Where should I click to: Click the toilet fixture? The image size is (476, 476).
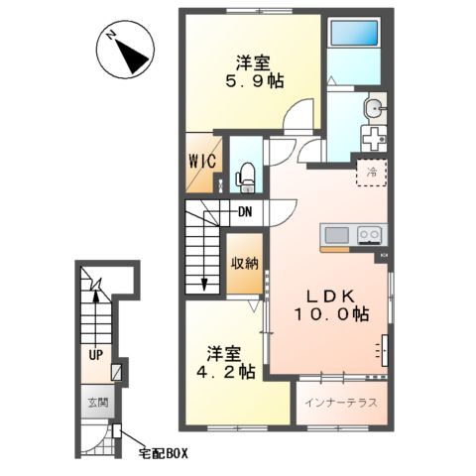tap(247, 177)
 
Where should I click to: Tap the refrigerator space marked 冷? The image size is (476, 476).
tap(371, 173)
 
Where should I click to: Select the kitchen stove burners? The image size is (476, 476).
tap(369, 234)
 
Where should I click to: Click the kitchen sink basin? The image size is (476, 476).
tap(336, 234)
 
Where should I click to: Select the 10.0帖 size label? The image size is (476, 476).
tap(331, 314)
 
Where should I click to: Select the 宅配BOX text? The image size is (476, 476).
tap(162, 454)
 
